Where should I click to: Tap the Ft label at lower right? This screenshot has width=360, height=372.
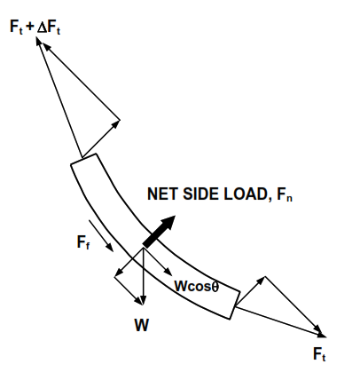(325, 354)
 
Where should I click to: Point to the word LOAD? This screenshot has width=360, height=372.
(244, 194)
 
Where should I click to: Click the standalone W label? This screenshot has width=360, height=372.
(142, 325)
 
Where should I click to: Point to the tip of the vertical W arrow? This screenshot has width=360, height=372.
(143, 304)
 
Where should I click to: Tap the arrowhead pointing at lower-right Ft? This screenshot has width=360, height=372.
(321, 333)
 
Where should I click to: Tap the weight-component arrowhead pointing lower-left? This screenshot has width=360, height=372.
(116, 274)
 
